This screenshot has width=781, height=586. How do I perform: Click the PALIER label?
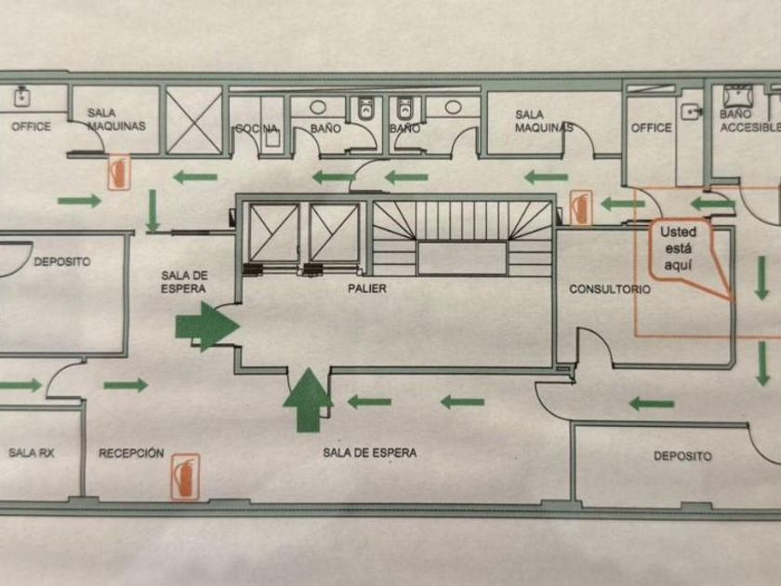(367, 289)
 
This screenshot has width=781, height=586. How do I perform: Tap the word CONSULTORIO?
(610, 289)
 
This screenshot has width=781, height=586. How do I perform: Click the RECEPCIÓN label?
(131, 454)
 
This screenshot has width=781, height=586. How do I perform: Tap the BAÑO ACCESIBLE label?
(748, 120)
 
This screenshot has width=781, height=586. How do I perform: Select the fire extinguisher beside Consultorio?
(581, 206)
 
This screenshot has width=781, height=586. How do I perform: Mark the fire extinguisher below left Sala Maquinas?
(118, 173)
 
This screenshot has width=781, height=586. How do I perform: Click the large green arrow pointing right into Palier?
(206, 326)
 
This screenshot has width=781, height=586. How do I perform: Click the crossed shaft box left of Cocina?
(194, 119)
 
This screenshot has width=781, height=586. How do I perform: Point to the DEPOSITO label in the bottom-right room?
(682, 456)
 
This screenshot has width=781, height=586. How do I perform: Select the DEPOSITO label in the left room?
(62, 262)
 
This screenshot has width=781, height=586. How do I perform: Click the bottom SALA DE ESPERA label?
(370, 453)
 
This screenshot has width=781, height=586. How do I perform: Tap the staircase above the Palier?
(461, 238)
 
